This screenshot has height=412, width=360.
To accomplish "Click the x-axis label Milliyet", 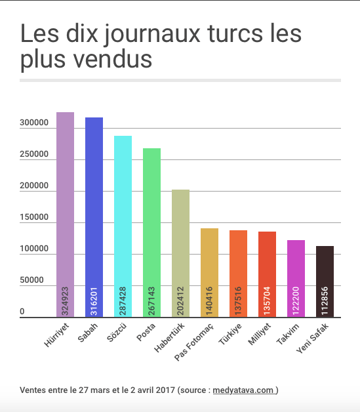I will tap(259, 335).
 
